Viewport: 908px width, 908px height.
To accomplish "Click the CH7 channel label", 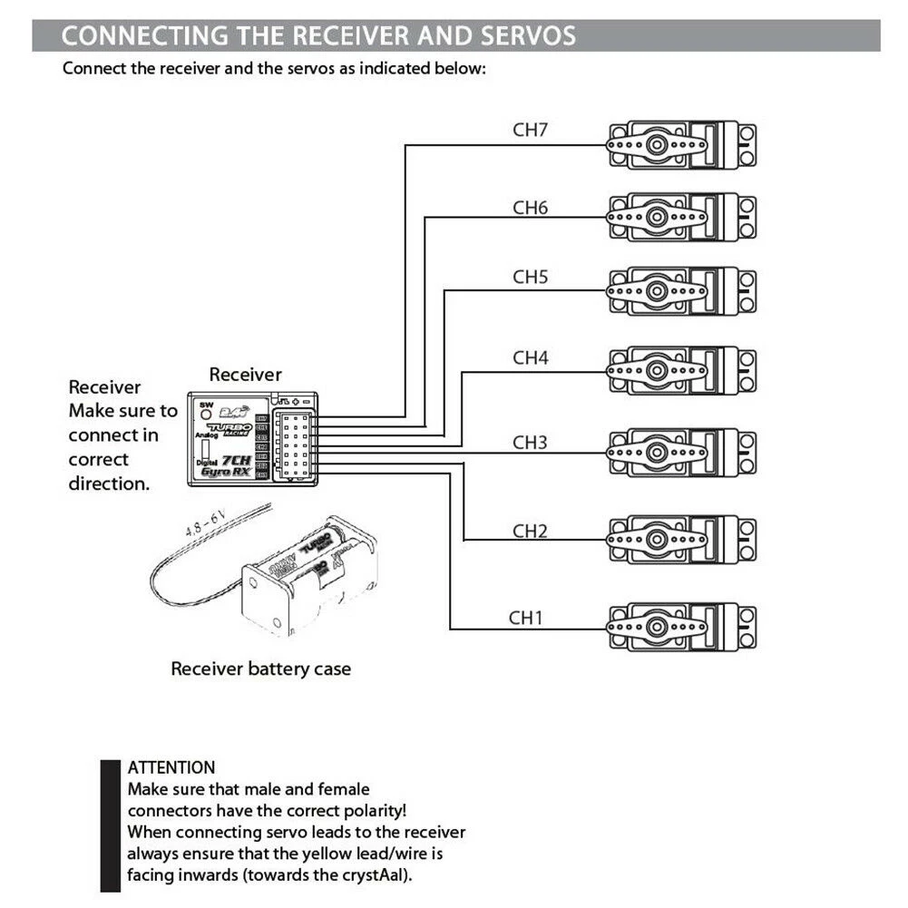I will click(531, 129).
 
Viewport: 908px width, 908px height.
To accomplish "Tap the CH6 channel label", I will click(531, 208).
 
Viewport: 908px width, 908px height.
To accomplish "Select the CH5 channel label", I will click(531, 277).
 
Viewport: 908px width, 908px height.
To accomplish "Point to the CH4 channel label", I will click(531, 357).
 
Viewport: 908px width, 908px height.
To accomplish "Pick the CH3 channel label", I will click(531, 443).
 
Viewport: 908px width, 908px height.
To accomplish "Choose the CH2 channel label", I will click(531, 530).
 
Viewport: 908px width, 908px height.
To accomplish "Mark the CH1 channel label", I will click(525, 618).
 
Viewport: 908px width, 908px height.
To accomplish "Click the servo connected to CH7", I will click(680, 143).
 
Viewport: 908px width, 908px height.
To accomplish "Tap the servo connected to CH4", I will click(680, 370).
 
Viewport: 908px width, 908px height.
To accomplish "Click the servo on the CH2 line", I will click(680, 540).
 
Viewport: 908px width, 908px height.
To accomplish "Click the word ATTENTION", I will click(171, 767).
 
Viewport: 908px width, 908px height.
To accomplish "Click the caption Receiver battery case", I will click(261, 669).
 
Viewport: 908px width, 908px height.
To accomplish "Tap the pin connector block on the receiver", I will click(295, 445).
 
